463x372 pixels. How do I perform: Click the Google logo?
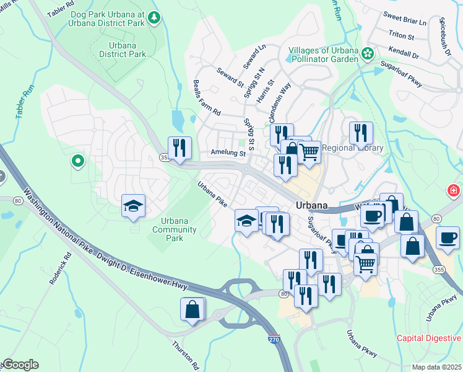[x=20, y=365]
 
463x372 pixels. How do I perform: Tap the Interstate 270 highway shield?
[x=274, y=339]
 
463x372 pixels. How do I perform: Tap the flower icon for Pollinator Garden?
[x=368, y=54]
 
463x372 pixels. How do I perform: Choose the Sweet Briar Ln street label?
[x=405, y=22]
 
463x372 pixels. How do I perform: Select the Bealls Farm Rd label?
[x=206, y=98]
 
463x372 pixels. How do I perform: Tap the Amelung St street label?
[x=228, y=152]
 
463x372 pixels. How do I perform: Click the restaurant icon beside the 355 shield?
[x=180, y=148]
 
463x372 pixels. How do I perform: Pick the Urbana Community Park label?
[x=179, y=229]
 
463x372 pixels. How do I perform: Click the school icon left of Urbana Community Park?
[x=133, y=206]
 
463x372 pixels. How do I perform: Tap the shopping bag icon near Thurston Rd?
[x=192, y=308]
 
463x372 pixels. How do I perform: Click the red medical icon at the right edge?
[x=454, y=190]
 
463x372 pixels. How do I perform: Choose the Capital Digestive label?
[x=429, y=338]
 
